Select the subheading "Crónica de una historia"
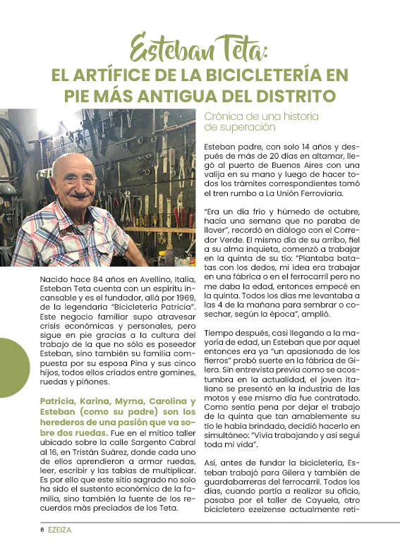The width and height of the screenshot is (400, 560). pos(261,116)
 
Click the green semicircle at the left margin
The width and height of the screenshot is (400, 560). pos(13,367)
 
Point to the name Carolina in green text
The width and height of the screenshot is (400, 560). pos(163,401)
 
